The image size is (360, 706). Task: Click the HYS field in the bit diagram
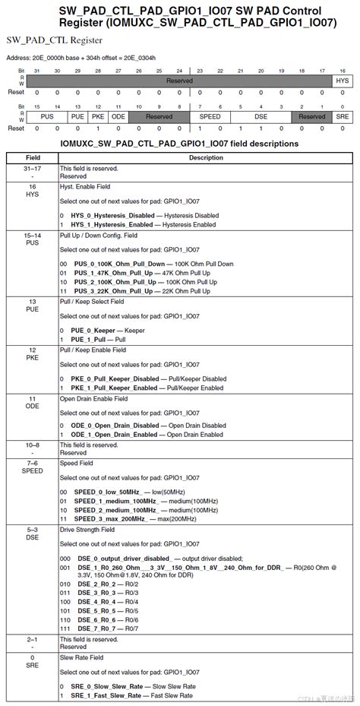tap(342, 80)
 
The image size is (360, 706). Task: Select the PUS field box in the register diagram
tap(46, 116)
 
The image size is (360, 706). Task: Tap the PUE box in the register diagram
tap(77, 116)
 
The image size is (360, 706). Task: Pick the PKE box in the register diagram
tap(97, 116)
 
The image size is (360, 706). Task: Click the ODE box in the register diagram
tap(118, 116)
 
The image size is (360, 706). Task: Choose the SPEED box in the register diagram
tap(210, 116)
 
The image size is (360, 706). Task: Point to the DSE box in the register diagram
tap(261, 116)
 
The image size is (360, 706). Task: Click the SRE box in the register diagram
tap(342, 116)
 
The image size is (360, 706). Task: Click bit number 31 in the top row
tap(36, 70)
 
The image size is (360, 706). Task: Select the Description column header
tap(206, 158)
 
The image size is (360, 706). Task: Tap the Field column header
tap(32, 158)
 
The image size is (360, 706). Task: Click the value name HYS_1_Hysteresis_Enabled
tap(112, 225)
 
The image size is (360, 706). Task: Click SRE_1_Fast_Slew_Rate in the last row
tap(106, 695)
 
